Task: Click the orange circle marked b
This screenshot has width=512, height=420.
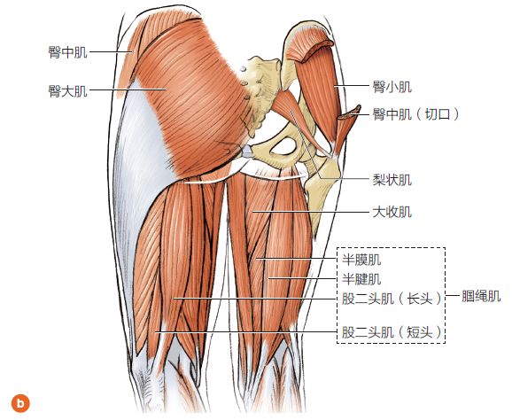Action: point(20,403)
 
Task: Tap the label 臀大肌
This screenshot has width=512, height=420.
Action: point(67,91)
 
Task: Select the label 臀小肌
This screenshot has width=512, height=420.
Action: point(392,87)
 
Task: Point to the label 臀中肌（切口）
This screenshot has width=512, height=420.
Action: point(416,114)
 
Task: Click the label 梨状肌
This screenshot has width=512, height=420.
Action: point(392,180)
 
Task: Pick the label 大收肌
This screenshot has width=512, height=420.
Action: point(392,213)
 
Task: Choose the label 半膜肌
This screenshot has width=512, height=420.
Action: point(361,260)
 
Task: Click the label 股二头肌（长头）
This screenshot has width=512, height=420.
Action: point(392,299)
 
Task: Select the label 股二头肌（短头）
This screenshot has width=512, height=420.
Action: point(392,333)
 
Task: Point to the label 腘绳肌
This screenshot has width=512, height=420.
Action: point(481,296)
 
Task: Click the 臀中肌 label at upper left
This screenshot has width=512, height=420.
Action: point(67,52)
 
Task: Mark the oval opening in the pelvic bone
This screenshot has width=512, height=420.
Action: point(283,146)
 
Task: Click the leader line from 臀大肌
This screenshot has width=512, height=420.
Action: point(128,89)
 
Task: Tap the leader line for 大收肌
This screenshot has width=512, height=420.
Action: point(311,212)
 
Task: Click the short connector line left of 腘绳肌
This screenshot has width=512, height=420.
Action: point(453,296)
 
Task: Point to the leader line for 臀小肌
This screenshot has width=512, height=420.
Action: point(352,86)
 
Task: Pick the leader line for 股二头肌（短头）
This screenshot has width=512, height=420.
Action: point(246,332)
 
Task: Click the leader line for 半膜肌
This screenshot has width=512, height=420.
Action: point(296,259)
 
